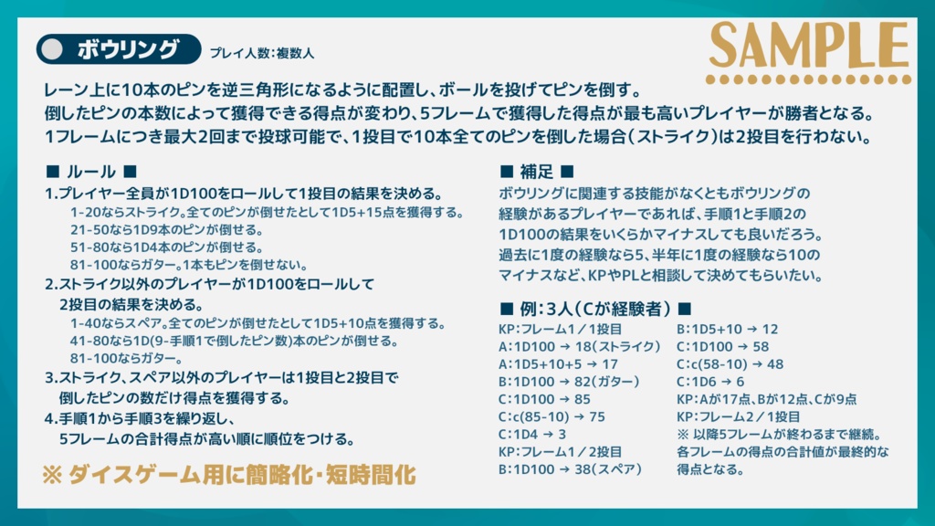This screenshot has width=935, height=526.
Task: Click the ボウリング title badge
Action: coord(119,48)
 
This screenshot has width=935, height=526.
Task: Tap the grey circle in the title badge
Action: coord(54,48)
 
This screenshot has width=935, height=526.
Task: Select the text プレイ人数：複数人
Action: coord(261,53)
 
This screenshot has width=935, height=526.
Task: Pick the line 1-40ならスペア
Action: coord(257,323)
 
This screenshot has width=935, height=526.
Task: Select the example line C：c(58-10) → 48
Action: coord(730,363)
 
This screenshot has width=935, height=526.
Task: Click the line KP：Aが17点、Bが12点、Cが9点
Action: coord(766,399)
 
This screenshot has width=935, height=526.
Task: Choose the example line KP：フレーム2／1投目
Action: coord(741,416)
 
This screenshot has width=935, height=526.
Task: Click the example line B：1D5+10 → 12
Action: coord(727,329)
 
